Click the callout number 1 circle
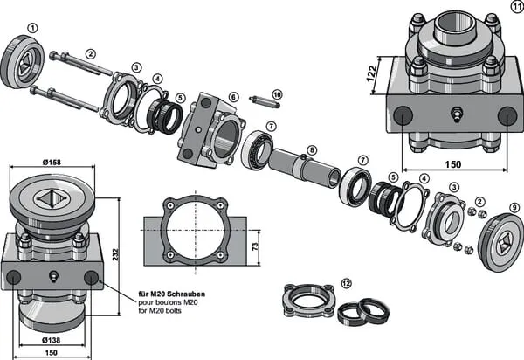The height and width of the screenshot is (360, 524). pos(32,27)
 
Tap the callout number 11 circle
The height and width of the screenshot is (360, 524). pos(515,7)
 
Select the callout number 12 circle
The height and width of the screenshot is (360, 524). pos(346,284)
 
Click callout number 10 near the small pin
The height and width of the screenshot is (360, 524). pos(277,93)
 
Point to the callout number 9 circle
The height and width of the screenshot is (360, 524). pos(514,209)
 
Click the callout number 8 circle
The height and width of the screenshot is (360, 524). pos(312,149)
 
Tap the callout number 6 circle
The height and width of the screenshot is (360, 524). pos(233,98)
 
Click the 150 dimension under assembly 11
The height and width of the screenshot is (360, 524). pos(452,163)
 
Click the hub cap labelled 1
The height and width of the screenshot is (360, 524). pos(25,61)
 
